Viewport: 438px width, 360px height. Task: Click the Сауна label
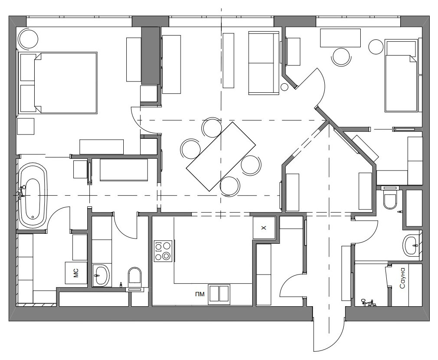402,278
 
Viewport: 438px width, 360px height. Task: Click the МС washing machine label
76,273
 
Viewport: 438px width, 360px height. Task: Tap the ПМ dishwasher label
200,294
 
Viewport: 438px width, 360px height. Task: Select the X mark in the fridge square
263,228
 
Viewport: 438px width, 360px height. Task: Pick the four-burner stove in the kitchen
163,251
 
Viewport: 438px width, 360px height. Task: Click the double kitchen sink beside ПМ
219,294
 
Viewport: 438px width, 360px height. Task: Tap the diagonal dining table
221,156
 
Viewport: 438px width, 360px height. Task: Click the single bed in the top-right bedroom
402,76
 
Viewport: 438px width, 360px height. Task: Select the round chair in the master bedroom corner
28,39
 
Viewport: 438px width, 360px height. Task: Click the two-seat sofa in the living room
263,63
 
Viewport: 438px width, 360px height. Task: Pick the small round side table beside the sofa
284,87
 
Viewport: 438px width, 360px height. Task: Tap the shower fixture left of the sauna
368,302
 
